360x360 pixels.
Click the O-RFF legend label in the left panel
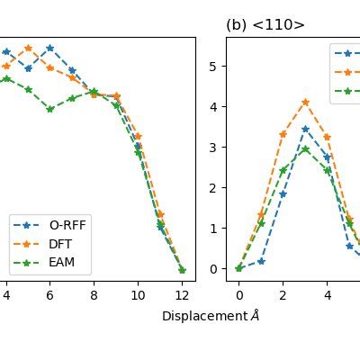click(69, 225)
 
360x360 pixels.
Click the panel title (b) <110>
click(265, 25)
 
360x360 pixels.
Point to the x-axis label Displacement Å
click(211, 316)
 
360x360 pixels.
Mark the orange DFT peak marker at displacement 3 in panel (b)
click(305, 102)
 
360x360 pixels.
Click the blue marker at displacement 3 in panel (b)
click(305, 129)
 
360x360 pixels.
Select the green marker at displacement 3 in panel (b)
click(305, 149)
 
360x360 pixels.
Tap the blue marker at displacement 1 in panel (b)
click(261, 261)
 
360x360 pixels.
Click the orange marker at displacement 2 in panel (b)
click(283, 134)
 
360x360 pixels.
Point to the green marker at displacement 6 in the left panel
click(49, 109)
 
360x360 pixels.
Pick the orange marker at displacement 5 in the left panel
click(28, 48)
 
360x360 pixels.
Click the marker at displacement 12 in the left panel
click(182, 269)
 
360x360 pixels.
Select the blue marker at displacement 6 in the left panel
click(49, 48)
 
